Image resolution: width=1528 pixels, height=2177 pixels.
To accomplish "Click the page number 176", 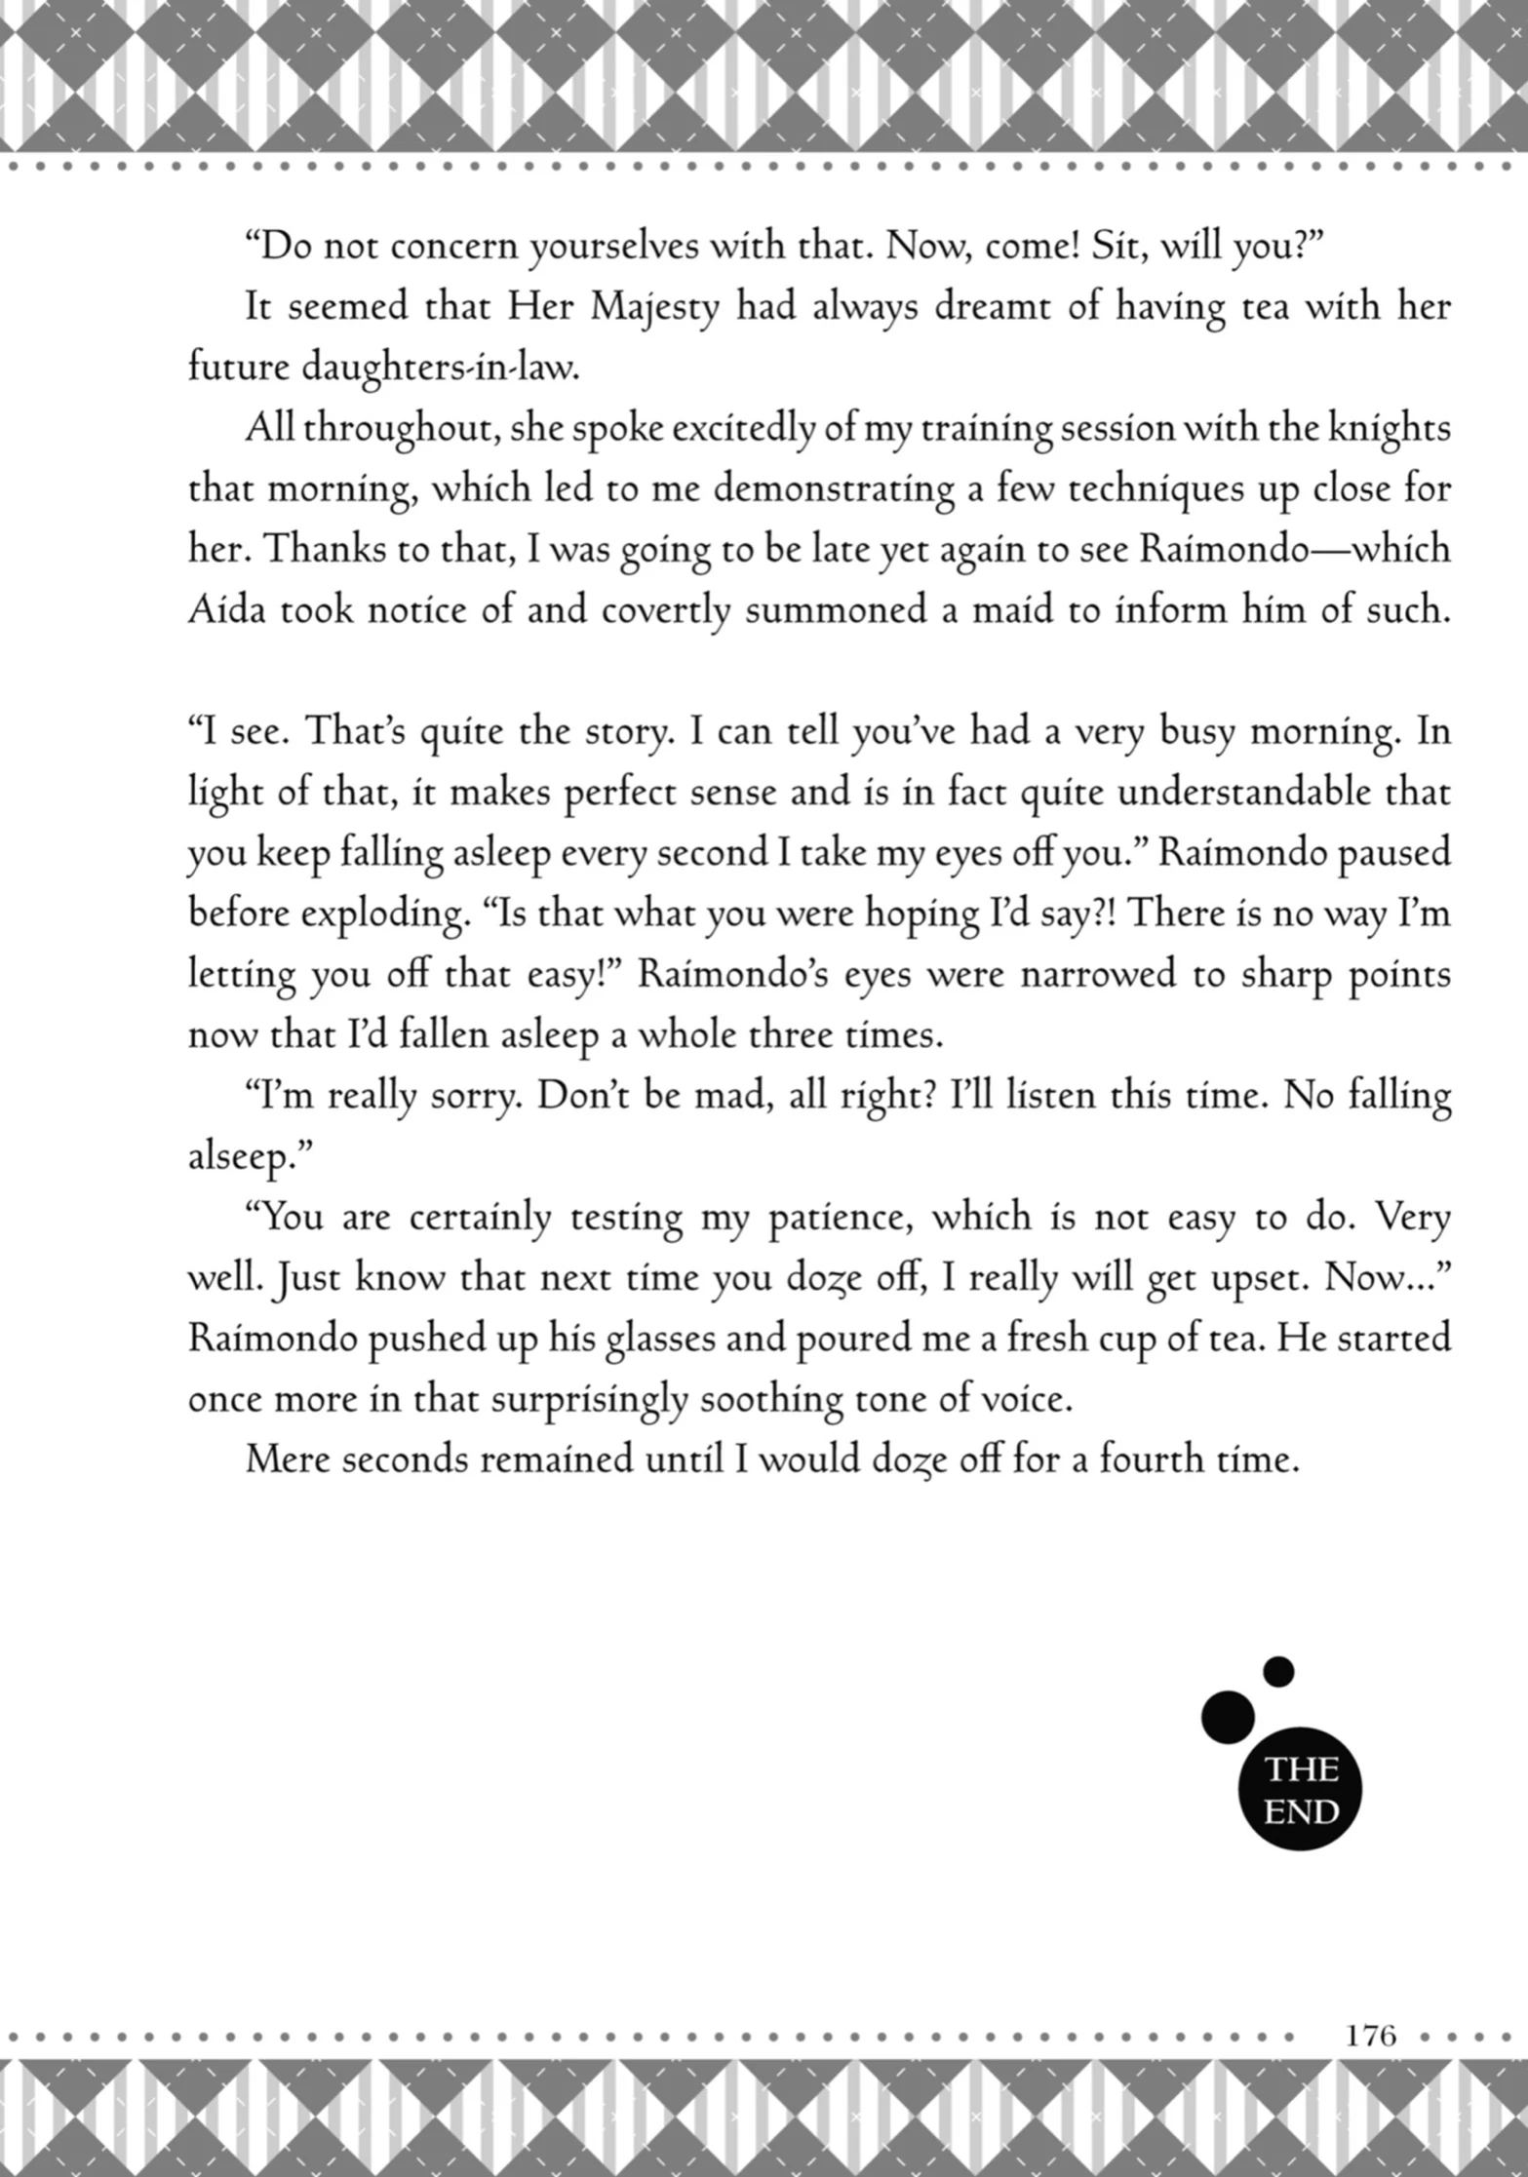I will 1371,2036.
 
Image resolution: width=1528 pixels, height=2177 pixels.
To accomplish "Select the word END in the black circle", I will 1301,1813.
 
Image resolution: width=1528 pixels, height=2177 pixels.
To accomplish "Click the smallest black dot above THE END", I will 1278,1672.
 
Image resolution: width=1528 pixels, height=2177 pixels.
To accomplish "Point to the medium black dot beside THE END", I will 1228,1717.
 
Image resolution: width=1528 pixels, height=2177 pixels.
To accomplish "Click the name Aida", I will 225,610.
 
